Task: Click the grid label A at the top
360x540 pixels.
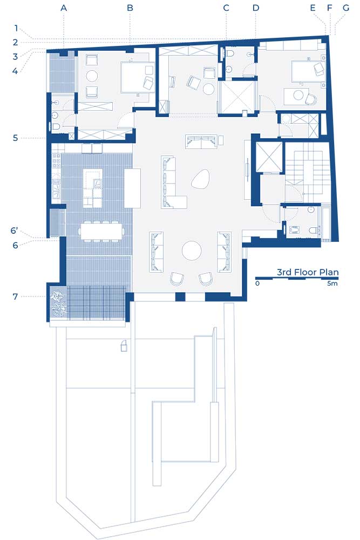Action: (x=63, y=8)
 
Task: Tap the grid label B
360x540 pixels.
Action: (x=130, y=8)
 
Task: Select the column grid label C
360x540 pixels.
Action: (x=226, y=8)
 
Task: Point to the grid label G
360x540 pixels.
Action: (x=346, y=8)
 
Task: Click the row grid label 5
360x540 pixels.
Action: (x=15, y=138)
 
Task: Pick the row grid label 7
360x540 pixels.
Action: (x=15, y=296)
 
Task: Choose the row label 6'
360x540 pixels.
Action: (x=14, y=231)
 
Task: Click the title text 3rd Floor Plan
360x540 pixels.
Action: (x=308, y=272)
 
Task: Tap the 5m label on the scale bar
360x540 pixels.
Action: (x=332, y=283)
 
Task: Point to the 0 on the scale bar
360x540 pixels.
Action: (x=257, y=283)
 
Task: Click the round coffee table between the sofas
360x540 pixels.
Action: (x=192, y=251)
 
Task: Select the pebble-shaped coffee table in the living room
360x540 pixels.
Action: (x=201, y=179)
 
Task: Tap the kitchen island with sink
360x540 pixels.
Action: (x=93, y=188)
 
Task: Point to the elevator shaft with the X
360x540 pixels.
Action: (x=269, y=157)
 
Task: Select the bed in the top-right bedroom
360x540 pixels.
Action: (x=307, y=71)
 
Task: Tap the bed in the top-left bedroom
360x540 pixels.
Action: (x=137, y=77)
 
